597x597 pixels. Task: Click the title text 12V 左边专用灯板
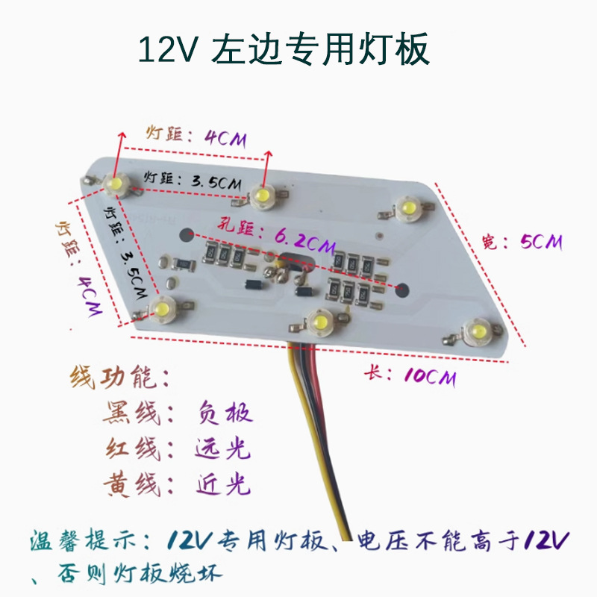(x=284, y=50)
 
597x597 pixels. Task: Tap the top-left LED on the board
(x=116, y=184)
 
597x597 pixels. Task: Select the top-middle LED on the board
(x=261, y=195)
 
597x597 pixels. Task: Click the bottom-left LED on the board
(x=161, y=309)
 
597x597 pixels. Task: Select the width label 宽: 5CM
(x=522, y=242)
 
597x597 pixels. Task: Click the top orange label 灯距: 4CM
(x=196, y=136)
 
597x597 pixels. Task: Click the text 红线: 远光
(x=179, y=449)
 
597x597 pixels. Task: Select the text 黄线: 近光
(x=179, y=486)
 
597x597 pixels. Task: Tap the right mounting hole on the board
(x=403, y=287)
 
